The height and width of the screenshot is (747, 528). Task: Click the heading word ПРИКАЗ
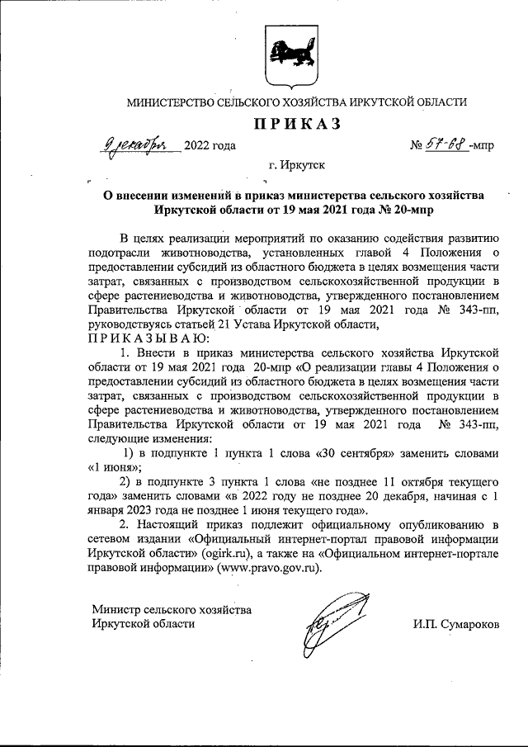pos(296,125)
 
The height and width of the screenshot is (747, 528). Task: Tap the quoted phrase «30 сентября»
pos(349,452)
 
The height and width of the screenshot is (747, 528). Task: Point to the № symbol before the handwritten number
pos(417,146)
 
